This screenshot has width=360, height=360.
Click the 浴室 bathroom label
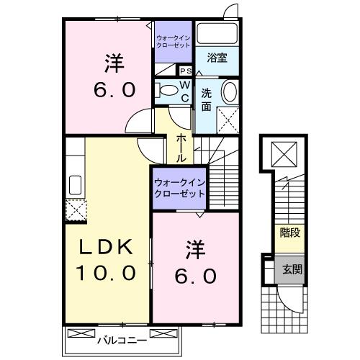point(217,58)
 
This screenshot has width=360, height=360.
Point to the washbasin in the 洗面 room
point(229,92)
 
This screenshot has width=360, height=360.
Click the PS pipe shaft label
point(185,71)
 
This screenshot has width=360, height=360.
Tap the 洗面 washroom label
point(207,99)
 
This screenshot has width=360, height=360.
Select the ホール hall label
point(181,146)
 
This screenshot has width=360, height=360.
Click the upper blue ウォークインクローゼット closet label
point(174,41)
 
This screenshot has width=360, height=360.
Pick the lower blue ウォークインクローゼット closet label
point(179,188)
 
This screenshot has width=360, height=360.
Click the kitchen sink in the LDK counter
point(75,182)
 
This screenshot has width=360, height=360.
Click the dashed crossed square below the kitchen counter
point(74,210)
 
